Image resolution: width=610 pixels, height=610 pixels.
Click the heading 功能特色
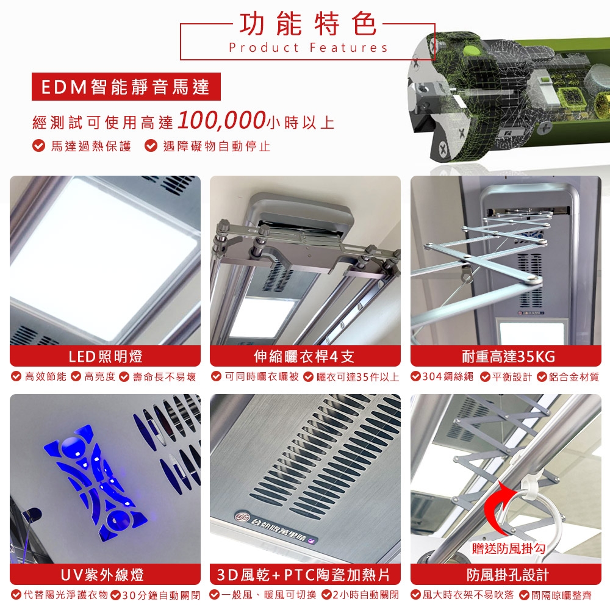tap(307, 24)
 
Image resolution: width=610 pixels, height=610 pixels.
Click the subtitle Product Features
tap(308, 48)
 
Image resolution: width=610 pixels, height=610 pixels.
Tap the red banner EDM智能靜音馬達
tap(126, 87)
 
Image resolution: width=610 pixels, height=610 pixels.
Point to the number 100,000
tap(221, 120)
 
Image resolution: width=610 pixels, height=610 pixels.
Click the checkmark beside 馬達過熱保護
tap(38, 146)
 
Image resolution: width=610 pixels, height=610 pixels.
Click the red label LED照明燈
tap(105, 356)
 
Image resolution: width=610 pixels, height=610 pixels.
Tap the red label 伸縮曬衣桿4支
tap(304, 356)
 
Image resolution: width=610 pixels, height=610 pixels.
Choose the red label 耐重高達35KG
tap(506, 356)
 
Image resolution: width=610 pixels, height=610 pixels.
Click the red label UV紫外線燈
tap(105, 575)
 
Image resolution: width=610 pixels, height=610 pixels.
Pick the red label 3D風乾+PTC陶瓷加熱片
tap(304, 575)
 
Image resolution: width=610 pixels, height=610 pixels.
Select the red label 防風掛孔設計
tap(506, 575)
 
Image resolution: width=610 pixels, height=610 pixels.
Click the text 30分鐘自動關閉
tap(162, 595)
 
